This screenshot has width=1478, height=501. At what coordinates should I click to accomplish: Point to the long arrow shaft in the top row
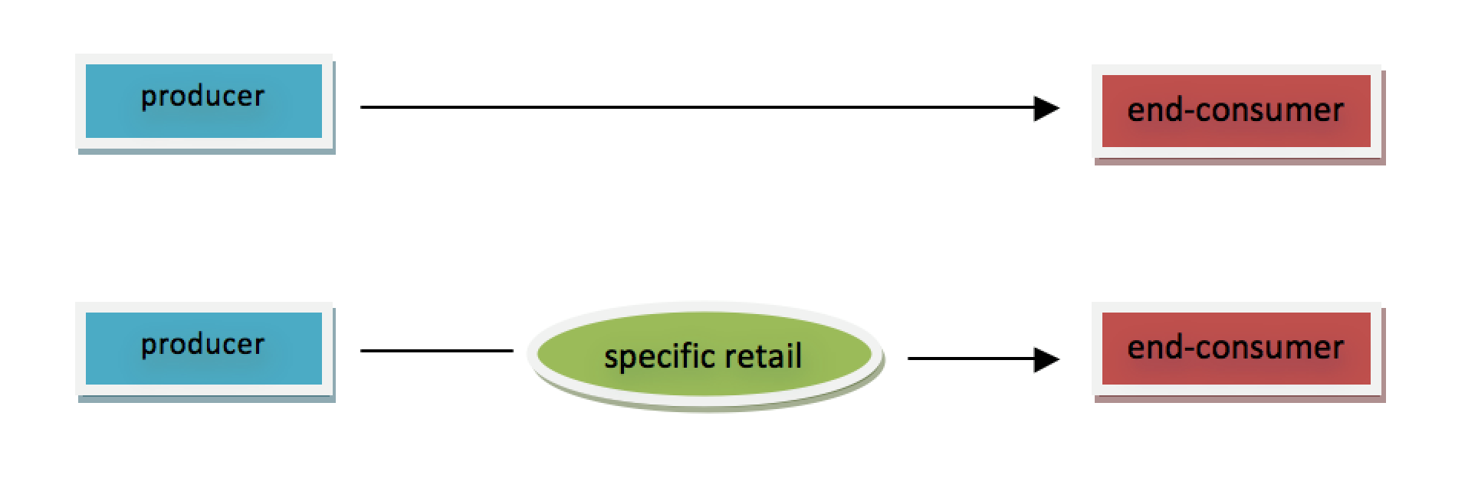pos(690,108)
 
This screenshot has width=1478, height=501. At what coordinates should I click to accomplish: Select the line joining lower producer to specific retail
pos(436,351)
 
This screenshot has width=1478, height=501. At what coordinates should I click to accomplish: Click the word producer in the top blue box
pos(203,97)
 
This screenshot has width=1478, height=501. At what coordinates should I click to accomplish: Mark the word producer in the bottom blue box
pos(203,345)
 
